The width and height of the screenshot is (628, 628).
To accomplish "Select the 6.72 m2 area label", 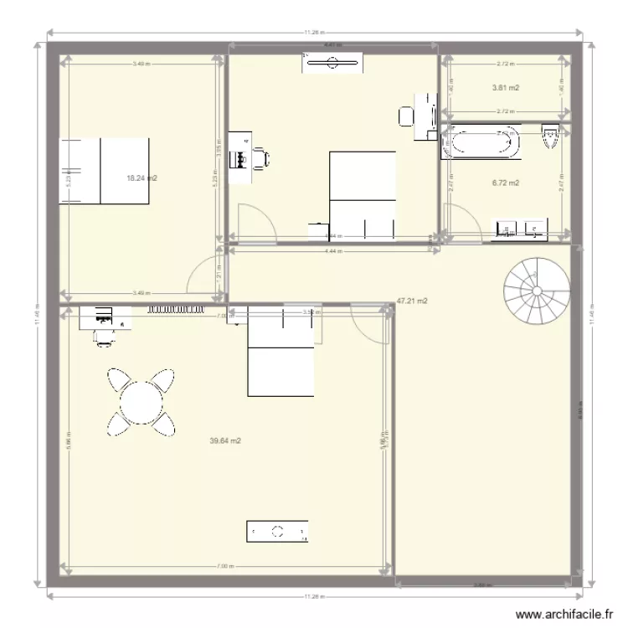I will point(506,183).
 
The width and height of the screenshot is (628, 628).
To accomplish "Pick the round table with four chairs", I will point(142,402).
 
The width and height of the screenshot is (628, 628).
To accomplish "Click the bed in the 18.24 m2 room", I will point(104,171).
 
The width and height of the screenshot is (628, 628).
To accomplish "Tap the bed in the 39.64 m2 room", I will point(280,350).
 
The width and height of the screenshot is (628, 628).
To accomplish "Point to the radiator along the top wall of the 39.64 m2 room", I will point(178,309).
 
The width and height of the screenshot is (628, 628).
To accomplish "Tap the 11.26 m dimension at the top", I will point(313,33).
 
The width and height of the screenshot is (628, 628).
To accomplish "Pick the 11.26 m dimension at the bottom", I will point(313,596).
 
